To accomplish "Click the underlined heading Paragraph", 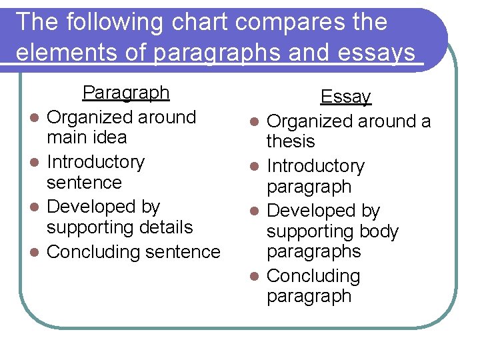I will [125, 92].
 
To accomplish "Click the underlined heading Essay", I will [345, 97].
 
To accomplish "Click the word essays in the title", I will [376, 52].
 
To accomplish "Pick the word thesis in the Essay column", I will [291, 141].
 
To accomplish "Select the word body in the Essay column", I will [378, 231].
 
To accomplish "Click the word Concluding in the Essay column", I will [313, 276].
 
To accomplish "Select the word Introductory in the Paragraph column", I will [95, 162].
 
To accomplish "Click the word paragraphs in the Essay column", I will [313, 251].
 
